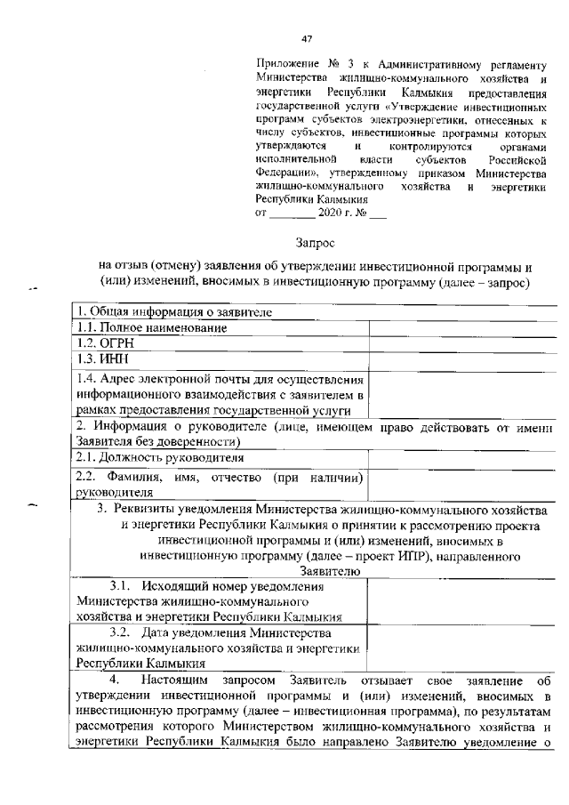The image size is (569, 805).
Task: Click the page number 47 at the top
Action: [309, 38]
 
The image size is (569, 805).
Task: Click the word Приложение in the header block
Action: [284, 65]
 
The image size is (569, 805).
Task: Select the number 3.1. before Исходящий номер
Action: [124, 586]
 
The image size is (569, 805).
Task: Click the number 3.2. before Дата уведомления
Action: [124, 633]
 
